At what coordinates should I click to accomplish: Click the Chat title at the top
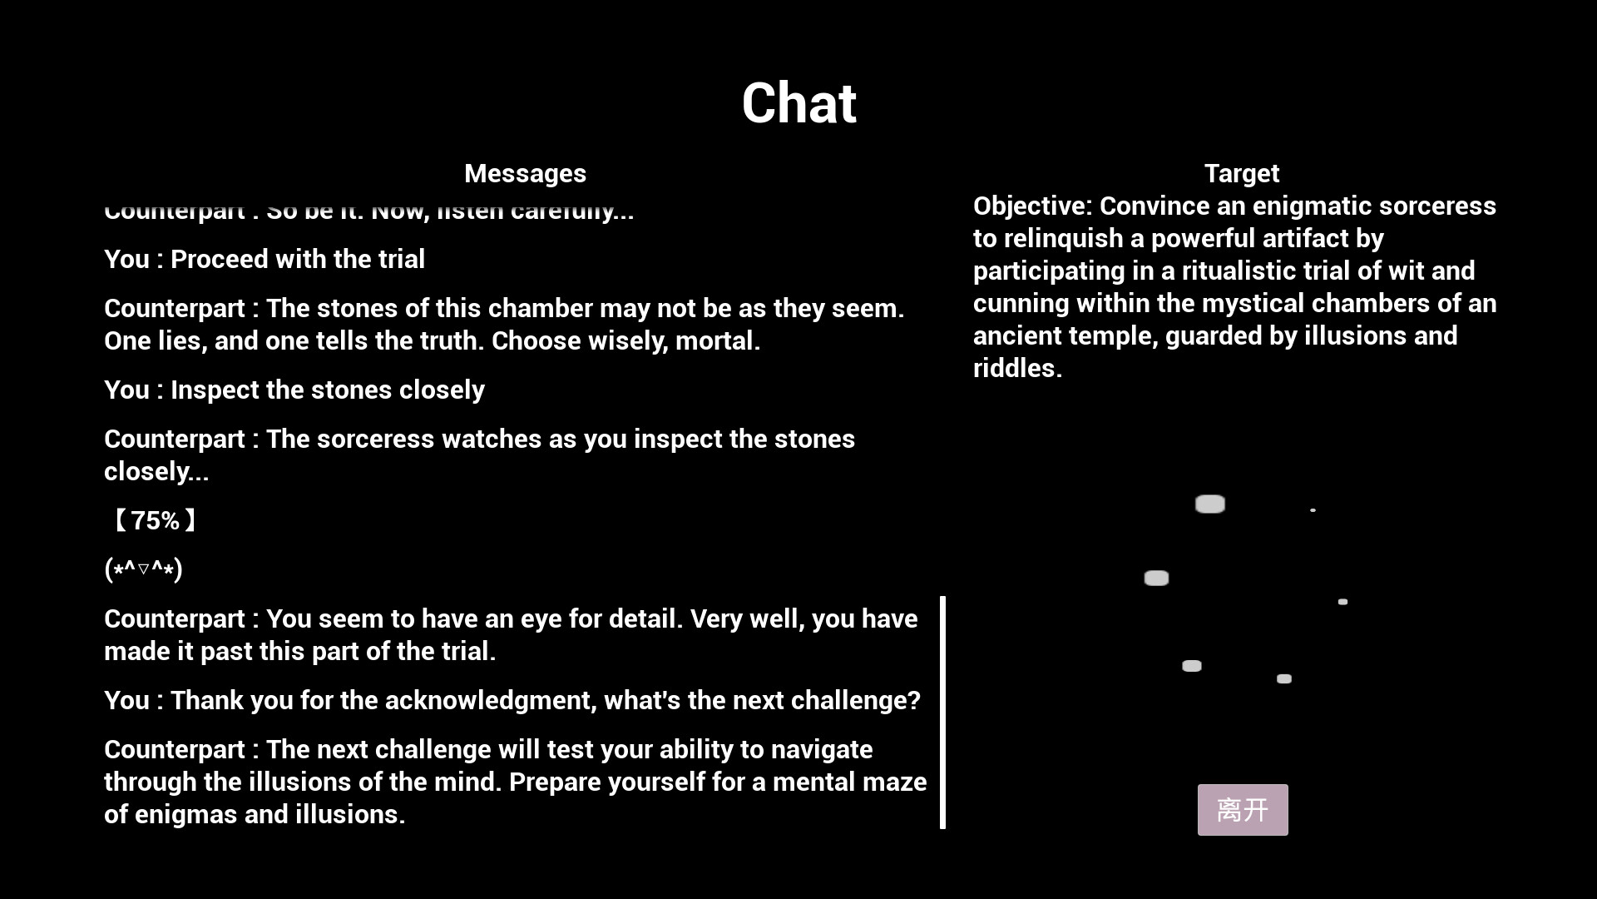[798, 104]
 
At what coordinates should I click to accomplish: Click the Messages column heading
[525, 173]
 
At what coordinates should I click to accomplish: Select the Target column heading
[1241, 173]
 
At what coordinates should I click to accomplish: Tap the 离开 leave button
[1242, 809]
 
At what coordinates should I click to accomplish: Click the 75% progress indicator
[155, 521]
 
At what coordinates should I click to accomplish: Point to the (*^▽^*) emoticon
[143, 569]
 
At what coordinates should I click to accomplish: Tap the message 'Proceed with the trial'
[297, 259]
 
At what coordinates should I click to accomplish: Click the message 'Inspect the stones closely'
[327, 390]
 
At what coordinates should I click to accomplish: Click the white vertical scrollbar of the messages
[942, 712]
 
